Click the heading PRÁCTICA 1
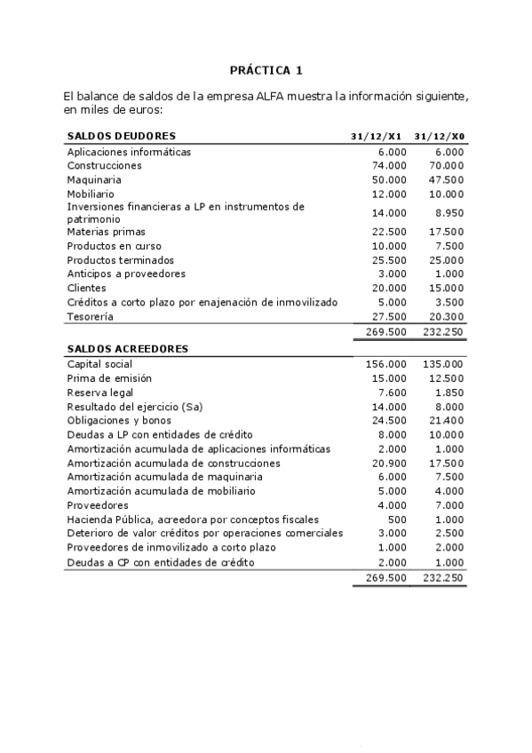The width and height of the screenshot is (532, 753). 266,69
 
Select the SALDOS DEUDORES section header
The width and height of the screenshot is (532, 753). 122,136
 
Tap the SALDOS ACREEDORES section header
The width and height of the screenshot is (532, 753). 127,349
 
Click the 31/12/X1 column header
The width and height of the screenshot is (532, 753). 377,137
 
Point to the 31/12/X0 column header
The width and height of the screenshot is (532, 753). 439,137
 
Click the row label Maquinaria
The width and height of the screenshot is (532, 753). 94,179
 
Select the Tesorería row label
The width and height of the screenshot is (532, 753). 91,316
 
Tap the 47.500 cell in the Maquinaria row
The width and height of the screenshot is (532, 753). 446,179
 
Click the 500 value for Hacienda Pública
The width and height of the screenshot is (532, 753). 397,519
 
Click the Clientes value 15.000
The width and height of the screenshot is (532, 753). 446,288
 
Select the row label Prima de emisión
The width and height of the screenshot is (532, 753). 109,378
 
